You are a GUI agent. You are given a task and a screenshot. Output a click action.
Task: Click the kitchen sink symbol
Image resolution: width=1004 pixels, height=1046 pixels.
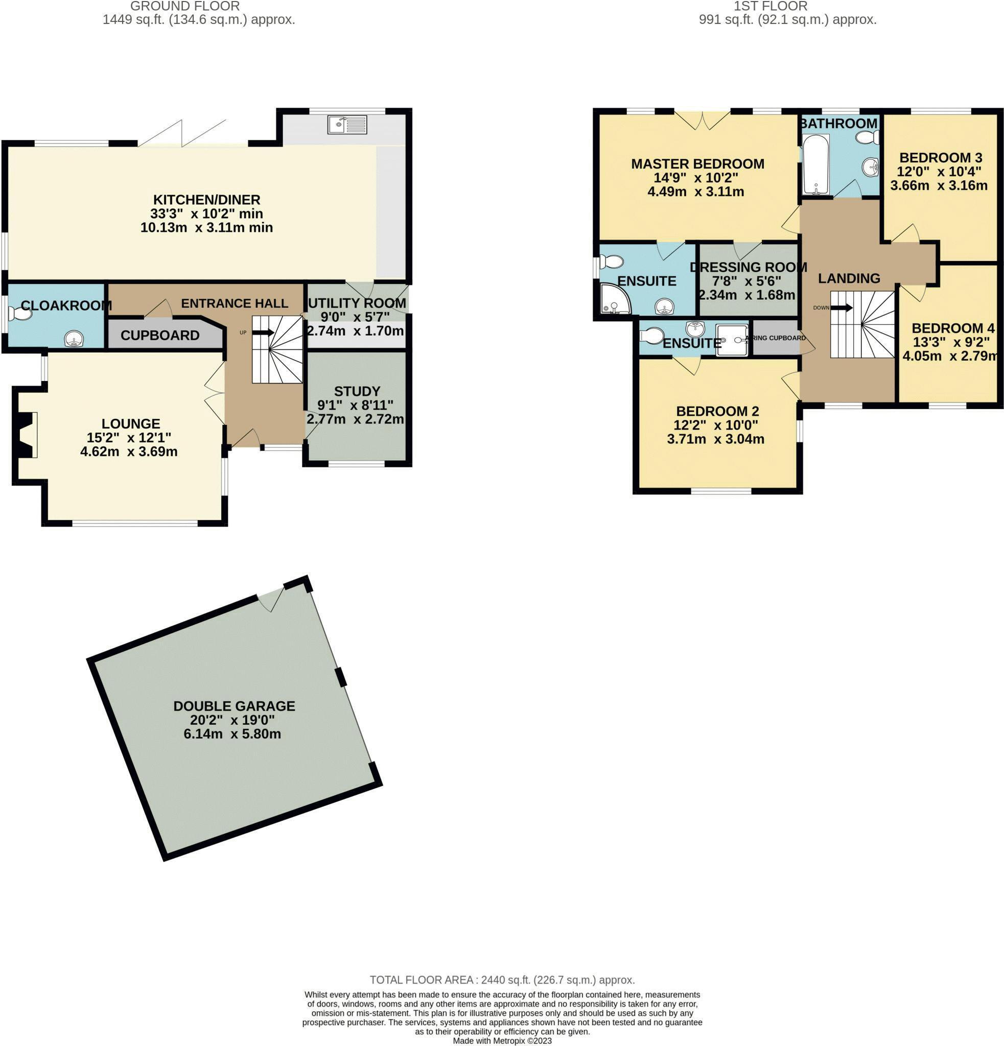click(347, 124)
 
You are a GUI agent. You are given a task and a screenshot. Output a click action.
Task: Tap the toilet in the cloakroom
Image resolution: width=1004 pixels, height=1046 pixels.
click(19, 313)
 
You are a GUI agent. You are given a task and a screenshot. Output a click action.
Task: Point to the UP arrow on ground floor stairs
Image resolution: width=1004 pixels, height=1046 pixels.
click(263, 332)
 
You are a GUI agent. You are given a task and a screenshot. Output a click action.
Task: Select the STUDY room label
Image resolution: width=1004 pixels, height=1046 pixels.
click(357, 391)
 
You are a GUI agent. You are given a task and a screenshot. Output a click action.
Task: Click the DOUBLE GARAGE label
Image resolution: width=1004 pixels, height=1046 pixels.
click(234, 705)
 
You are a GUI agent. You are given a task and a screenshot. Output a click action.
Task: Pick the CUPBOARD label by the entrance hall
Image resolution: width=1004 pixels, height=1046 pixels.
click(159, 335)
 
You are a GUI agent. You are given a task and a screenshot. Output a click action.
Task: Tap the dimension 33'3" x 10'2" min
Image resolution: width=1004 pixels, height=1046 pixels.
click(206, 213)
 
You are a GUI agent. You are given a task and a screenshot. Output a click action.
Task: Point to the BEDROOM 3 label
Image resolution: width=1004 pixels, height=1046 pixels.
click(941, 157)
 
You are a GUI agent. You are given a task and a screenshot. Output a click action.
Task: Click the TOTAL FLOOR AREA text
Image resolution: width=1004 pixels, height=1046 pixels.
click(502, 980)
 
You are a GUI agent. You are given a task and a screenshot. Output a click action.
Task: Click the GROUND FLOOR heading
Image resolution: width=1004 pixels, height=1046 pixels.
click(184, 7)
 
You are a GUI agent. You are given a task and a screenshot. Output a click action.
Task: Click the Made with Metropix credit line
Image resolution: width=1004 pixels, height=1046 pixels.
click(502, 1041)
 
